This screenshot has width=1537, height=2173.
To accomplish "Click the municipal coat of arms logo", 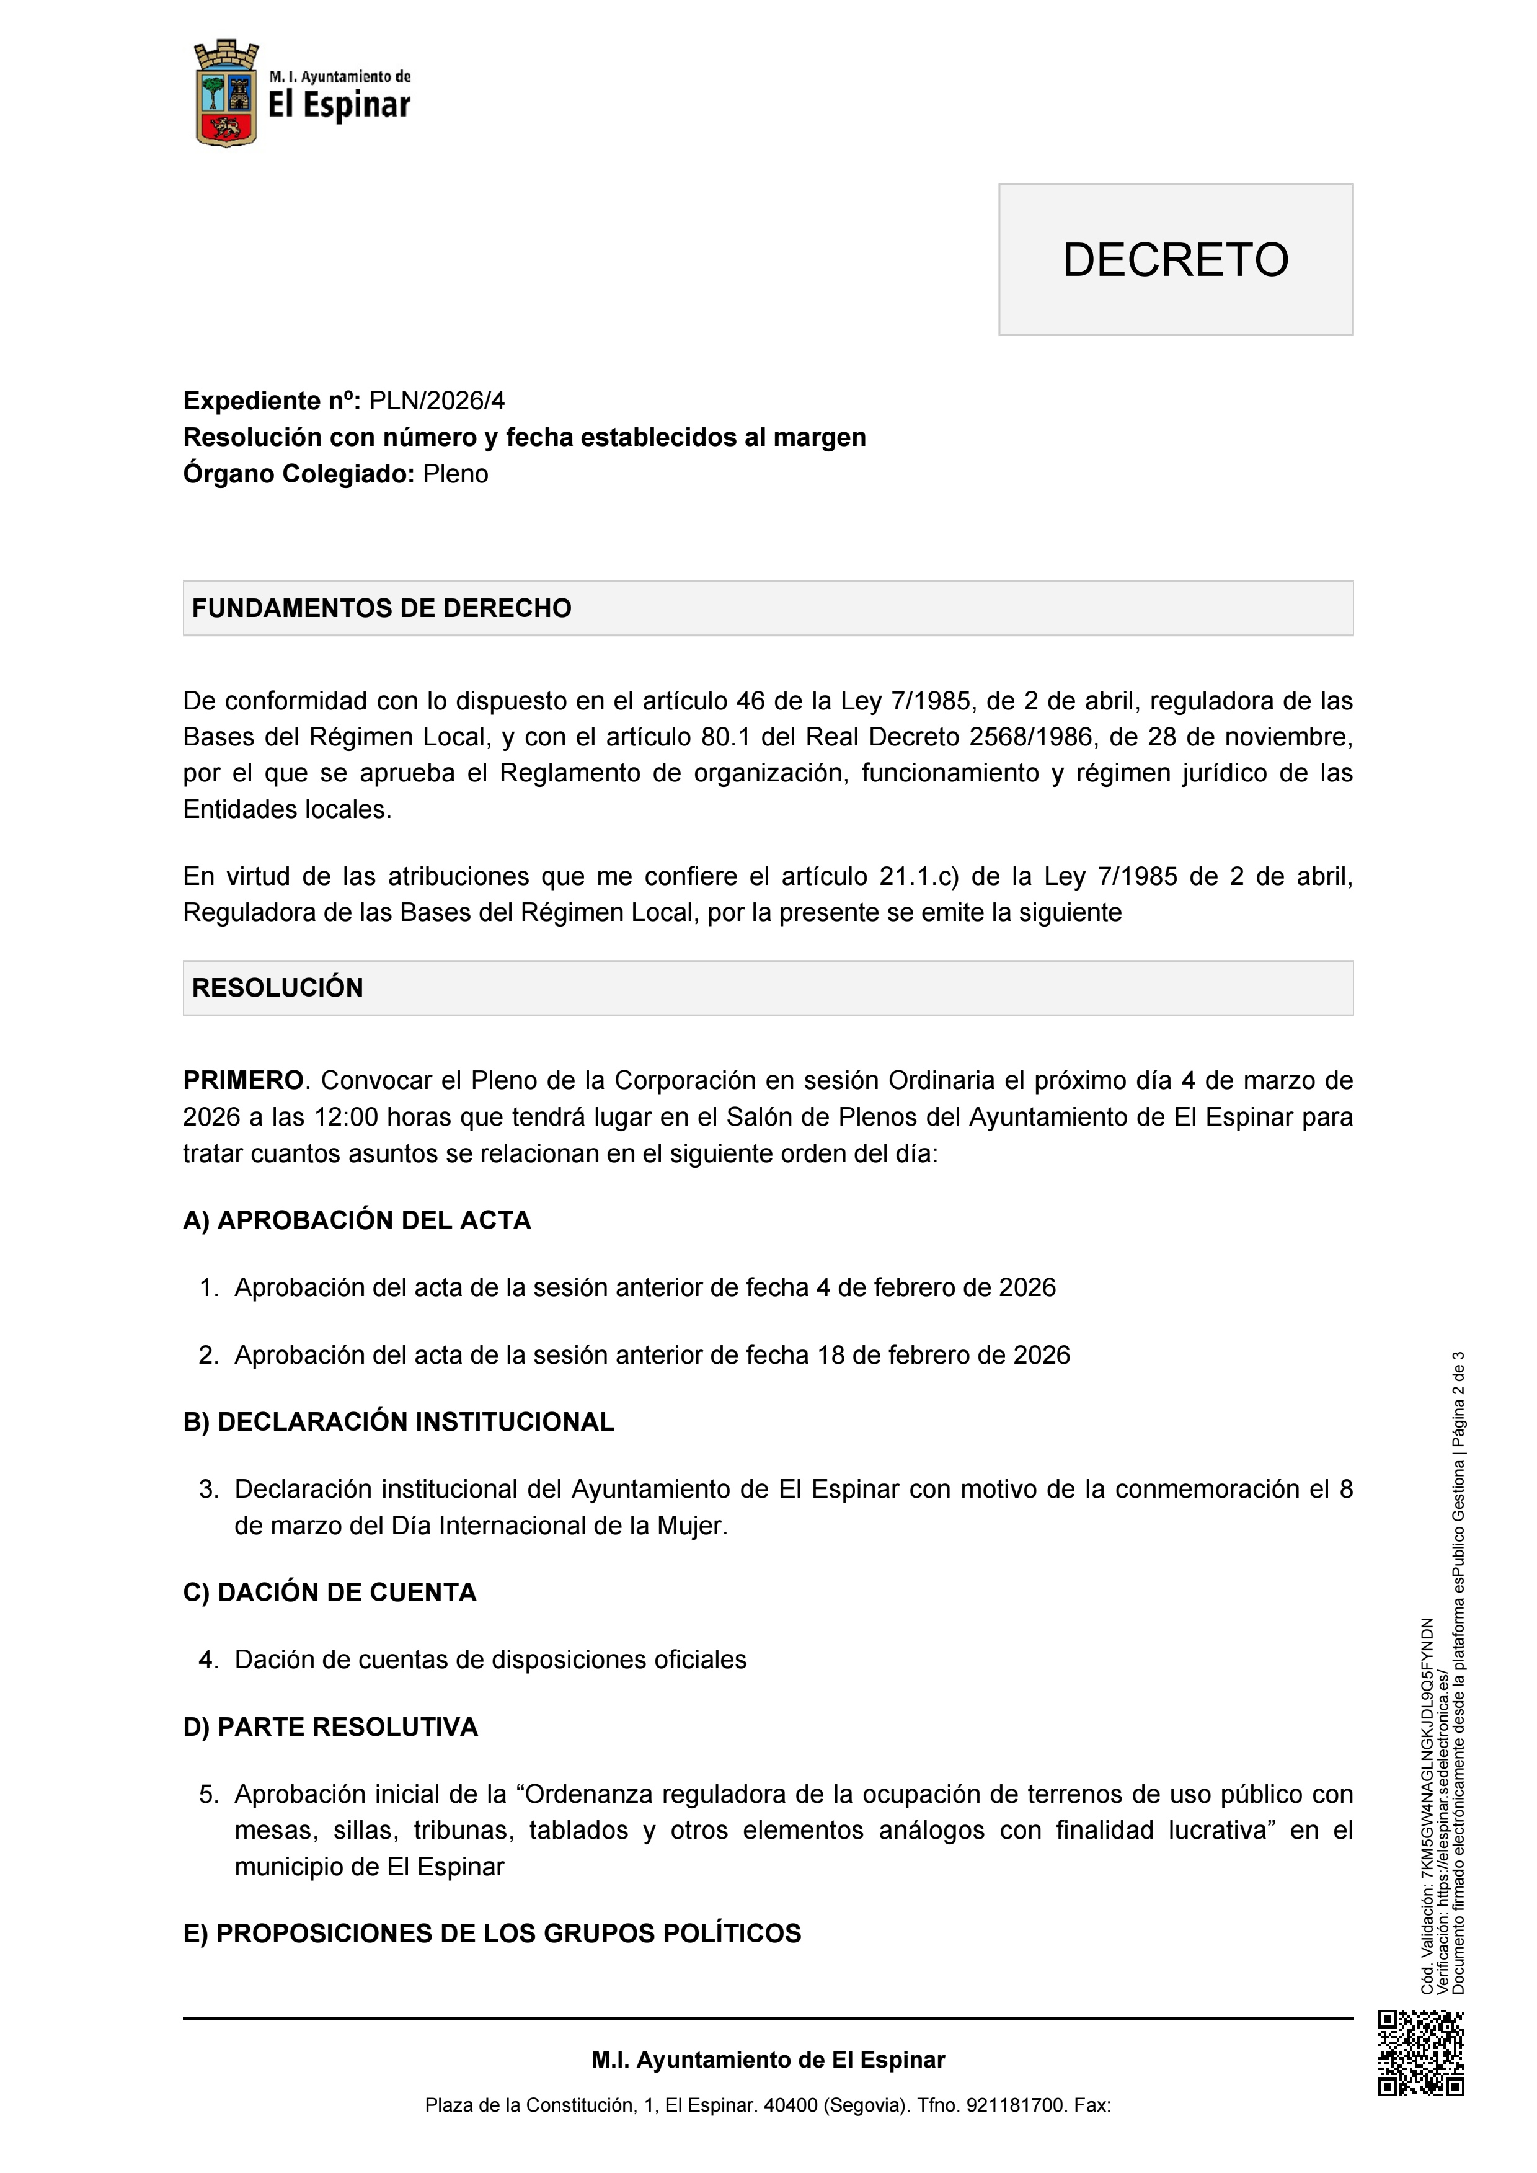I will coord(226,94).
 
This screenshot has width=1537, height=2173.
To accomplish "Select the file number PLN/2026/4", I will coord(436,401).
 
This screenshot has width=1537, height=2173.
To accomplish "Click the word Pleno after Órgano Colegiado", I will coord(455,474).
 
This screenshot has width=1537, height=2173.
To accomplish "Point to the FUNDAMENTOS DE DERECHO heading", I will coord(381,608).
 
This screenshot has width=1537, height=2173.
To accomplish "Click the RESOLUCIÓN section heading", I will coord(277,988).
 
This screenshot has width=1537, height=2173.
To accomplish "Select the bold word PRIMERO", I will coord(243,1081).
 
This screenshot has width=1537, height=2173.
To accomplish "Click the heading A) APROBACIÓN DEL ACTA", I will coord(357,1221).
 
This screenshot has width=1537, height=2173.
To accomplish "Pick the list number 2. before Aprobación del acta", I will coord(209,1355).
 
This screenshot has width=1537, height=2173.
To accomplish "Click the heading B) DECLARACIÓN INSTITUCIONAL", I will coord(399,1423).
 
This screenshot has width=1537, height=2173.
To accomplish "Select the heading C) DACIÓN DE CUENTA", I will coord(329,1593).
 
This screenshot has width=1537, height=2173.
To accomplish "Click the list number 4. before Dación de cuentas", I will coord(209,1660).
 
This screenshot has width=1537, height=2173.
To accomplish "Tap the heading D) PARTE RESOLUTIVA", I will coord(330,1727).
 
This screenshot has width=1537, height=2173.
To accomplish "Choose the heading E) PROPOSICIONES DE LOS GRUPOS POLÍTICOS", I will coord(492,1934).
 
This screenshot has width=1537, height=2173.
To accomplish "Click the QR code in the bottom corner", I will coord(1420,2053).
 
